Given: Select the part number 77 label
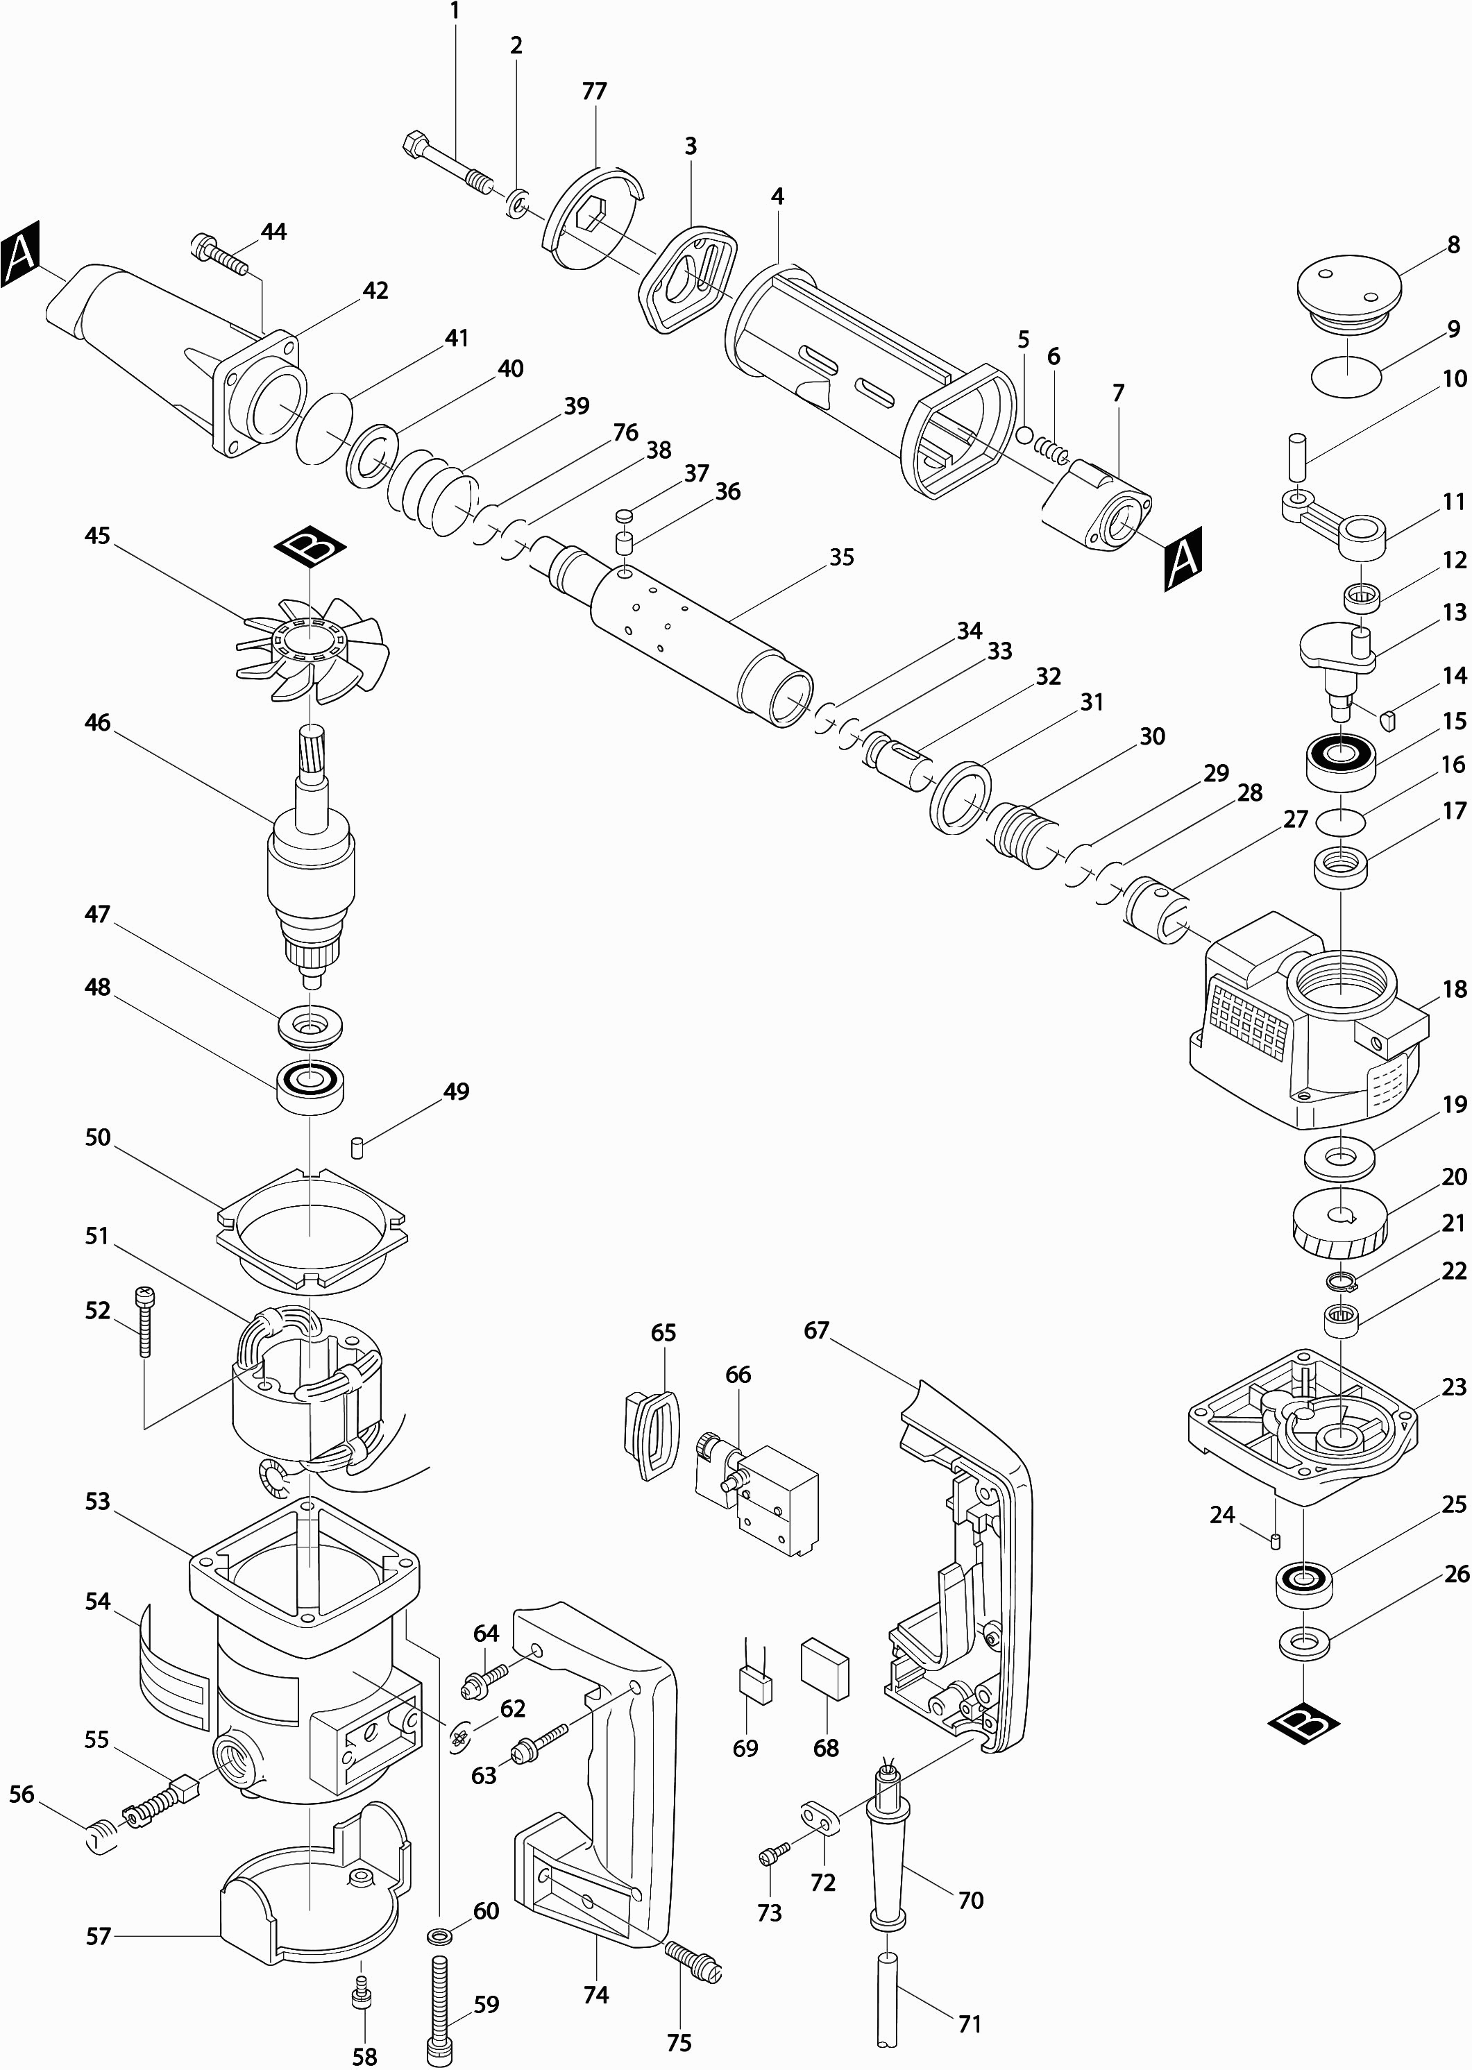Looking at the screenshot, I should tap(595, 92).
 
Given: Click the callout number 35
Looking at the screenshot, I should tap(842, 557).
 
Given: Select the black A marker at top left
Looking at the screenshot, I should tap(21, 258).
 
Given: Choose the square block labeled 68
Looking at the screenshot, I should tap(824, 1668).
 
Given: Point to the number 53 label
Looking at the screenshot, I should tap(97, 1502).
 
